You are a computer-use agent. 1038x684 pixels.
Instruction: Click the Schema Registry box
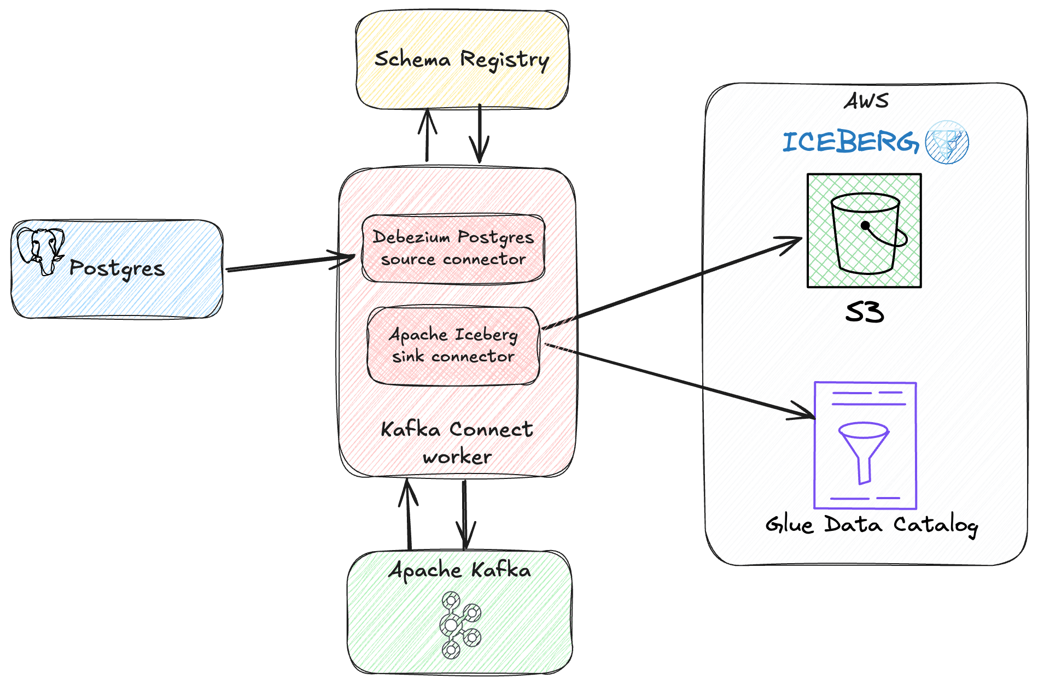pos(462,59)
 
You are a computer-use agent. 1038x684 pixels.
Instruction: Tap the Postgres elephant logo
pos(40,250)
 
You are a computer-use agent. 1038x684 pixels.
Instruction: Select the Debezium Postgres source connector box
pos(453,248)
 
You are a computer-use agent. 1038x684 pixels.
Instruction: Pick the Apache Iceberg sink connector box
pos(453,346)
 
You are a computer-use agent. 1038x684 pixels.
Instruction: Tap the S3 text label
pos(864,313)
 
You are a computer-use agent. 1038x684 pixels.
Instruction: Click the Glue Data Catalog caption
pos(871,525)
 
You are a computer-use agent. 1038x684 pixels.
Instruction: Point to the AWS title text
pos(866,101)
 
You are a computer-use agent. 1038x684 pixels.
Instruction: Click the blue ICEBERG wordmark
pos(850,142)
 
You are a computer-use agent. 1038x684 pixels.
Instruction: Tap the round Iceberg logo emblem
pos(947,142)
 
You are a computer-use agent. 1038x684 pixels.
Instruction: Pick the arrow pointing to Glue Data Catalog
pos(678,381)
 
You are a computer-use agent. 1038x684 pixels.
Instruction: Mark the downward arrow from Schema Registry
pos(479,135)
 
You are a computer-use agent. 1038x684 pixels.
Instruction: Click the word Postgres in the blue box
pos(117,268)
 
